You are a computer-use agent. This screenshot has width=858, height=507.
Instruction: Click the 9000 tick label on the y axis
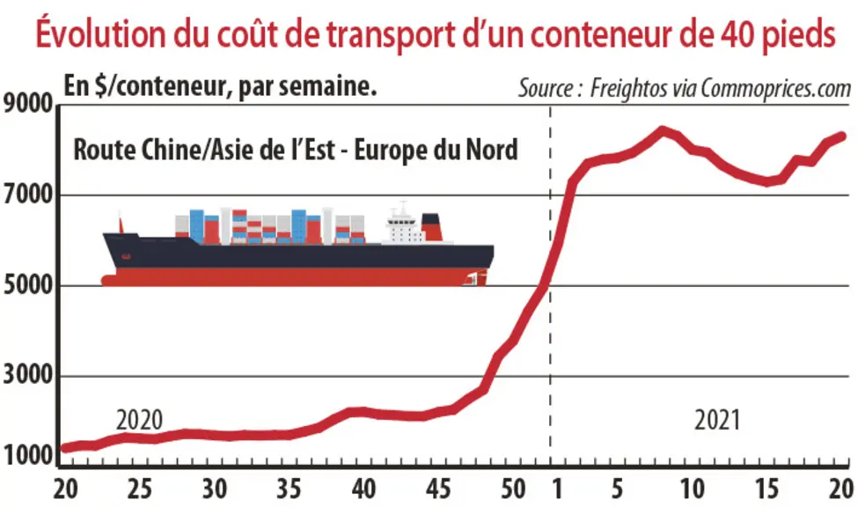[28, 104]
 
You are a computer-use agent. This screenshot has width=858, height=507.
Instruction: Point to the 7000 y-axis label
[28, 195]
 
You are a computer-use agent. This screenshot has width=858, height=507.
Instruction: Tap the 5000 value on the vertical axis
[28, 285]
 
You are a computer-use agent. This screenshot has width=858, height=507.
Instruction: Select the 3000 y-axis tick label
[28, 376]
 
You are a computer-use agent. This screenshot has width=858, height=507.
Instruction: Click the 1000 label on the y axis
[28, 456]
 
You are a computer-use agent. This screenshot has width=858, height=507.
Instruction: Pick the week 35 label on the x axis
[289, 489]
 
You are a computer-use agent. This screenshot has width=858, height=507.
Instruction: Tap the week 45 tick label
[437, 489]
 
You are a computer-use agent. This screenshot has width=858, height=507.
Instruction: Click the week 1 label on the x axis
[557, 489]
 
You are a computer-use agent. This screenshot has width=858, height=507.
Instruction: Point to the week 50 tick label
[513, 489]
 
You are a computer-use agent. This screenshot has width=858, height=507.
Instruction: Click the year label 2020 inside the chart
[140, 421]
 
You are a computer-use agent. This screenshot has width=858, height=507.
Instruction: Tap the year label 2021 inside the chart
[717, 421]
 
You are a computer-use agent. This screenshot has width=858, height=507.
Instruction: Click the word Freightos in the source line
[628, 88]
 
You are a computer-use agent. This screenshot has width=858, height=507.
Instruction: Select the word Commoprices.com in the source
[776, 88]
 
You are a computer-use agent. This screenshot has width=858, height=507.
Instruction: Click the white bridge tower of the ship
[403, 224]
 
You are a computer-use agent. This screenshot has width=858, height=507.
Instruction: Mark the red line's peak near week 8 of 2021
[662, 130]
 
